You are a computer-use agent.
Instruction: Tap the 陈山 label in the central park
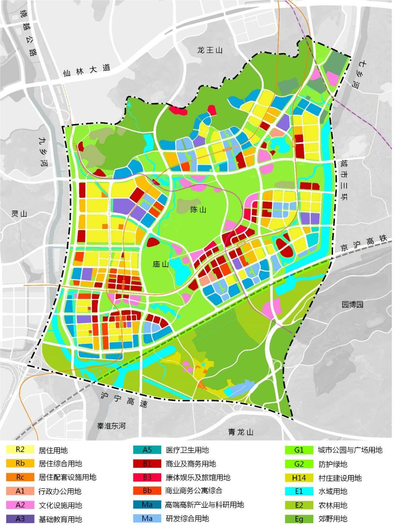tap(198, 210)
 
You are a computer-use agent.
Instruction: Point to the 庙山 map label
tap(161, 264)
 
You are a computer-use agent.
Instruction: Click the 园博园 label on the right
tap(352, 304)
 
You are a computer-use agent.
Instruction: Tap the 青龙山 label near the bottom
tap(241, 432)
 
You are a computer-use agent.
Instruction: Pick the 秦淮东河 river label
tap(111, 426)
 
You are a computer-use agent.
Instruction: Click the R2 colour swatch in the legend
tap(20, 450)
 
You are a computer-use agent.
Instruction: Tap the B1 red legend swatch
tap(147, 464)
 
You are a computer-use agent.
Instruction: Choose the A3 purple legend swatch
tap(20, 518)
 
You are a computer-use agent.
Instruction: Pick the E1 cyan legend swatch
tap(299, 491)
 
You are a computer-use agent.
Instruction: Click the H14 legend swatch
tap(299, 478)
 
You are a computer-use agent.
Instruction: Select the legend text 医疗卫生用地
tap(187, 450)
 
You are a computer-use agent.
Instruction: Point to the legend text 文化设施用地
tap(60, 505)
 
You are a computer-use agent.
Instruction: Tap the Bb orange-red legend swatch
tap(147, 491)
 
